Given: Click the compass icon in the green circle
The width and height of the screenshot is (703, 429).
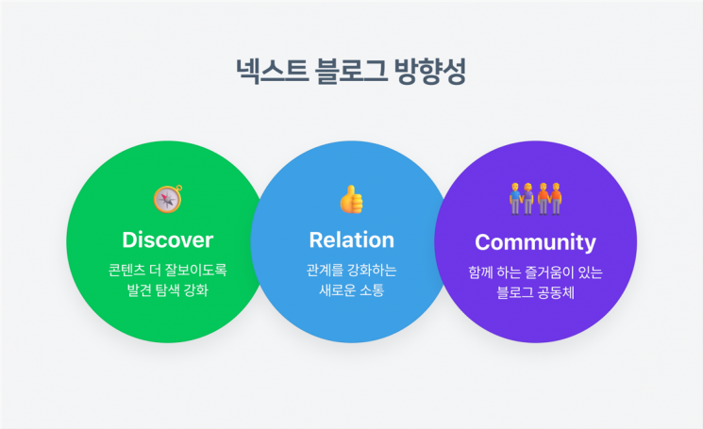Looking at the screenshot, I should [x=167, y=199].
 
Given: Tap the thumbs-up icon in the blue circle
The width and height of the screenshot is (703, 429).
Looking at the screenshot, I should [x=351, y=199].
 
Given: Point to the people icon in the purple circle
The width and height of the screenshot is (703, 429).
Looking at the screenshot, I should [x=535, y=198].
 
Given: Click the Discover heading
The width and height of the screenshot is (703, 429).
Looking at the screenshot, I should [x=168, y=239].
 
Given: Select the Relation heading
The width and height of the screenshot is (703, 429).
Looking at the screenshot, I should [x=351, y=239].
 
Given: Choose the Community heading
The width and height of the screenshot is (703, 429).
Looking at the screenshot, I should [x=535, y=242].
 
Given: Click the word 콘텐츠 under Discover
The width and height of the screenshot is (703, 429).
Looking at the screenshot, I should [x=126, y=270].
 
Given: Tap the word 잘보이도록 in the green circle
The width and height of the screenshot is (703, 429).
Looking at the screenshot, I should [x=196, y=270].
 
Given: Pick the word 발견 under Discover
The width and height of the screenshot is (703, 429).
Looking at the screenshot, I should [x=140, y=290].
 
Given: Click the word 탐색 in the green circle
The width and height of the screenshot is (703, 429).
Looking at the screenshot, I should [x=171, y=290].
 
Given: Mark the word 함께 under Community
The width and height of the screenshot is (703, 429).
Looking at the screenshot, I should [x=480, y=272].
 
